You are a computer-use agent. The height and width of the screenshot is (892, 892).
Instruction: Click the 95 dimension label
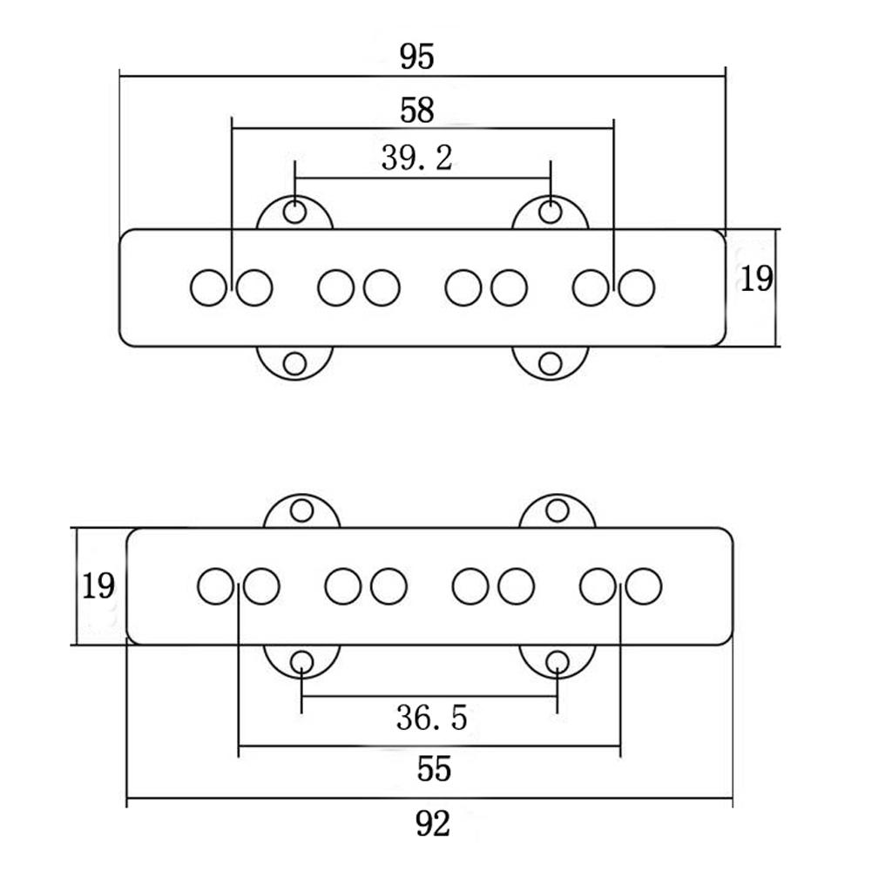coord(416,57)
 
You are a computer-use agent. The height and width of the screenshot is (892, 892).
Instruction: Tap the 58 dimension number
coord(416,111)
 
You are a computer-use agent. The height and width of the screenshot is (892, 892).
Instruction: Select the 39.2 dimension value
coord(416,159)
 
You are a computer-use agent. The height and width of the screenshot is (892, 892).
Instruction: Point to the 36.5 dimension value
coord(431,718)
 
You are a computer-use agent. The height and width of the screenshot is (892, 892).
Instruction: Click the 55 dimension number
coord(433,770)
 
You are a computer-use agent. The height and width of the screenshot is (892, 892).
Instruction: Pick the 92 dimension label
coord(433,823)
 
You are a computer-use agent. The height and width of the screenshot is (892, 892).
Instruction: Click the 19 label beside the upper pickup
coord(756,280)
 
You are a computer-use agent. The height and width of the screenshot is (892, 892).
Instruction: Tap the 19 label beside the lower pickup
coord(98,586)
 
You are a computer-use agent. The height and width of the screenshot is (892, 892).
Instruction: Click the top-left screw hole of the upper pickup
coord(295,211)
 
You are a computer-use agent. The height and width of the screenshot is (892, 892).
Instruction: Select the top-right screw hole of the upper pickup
coord(551,211)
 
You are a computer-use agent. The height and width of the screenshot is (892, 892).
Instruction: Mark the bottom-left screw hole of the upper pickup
coord(295,363)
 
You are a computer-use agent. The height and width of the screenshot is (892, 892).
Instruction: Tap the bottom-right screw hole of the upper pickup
coord(551,363)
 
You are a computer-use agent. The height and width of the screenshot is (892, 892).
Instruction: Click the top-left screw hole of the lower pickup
coord(301,510)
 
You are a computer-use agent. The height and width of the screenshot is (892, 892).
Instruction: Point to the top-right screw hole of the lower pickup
coord(557,510)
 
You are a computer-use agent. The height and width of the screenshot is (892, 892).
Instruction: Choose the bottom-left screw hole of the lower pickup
coord(301,663)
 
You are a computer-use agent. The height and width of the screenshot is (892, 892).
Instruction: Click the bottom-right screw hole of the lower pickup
coord(557,663)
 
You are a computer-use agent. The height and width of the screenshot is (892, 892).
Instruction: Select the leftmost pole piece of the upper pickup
coord(208,288)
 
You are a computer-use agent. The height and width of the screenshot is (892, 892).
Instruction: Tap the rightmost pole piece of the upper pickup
coord(637,288)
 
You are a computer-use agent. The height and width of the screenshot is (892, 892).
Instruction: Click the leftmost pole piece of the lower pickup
coord(215,586)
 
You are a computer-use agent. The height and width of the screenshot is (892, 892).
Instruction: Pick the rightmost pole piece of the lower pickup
coord(644,586)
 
